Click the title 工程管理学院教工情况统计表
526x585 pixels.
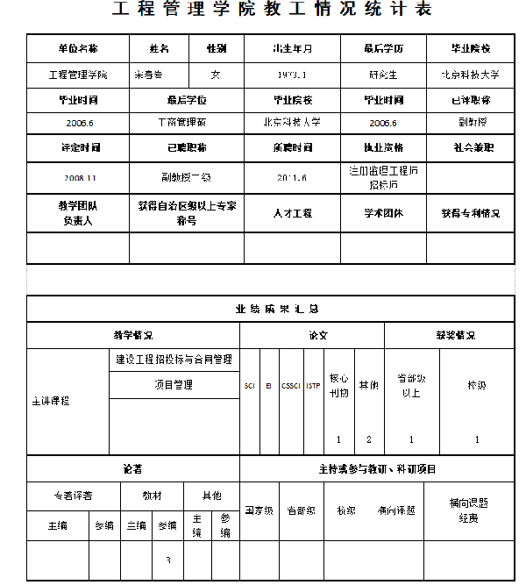[x=272, y=11]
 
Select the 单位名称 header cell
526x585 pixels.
[x=78, y=48]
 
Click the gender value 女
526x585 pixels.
[x=216, y=75]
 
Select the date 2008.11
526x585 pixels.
[x=79, y=177]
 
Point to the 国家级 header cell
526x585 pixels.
[x=259, y=510]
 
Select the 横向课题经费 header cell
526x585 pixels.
[x=468, y=510]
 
